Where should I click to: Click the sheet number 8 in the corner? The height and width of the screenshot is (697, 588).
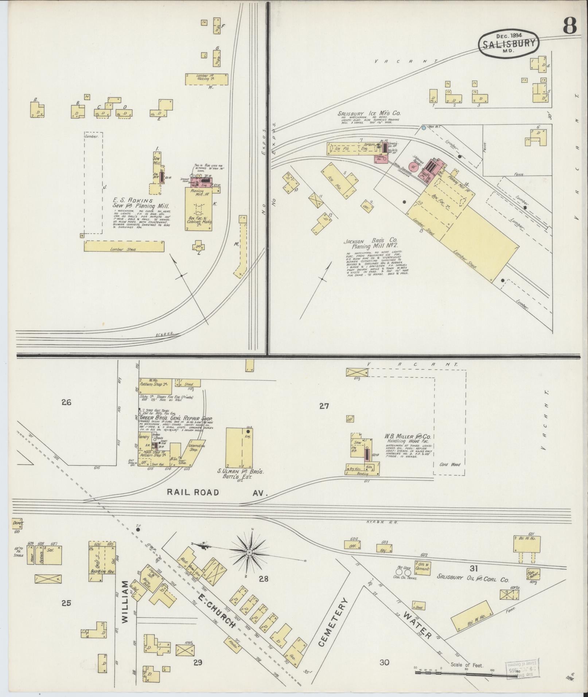tap(570, 26)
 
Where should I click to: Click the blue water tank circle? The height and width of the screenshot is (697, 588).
tap(423, 128)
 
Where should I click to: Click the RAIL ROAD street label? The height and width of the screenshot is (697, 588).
tap(193, 493)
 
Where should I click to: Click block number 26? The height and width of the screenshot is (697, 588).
tap(66, 403)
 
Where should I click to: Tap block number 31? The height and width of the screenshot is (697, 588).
tap(474, 568)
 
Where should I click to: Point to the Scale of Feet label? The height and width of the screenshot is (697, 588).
tap(467, 665)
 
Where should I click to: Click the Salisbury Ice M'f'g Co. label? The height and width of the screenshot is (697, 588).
tap(369, 114)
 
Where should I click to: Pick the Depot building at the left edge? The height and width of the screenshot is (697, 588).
tap(17, 523)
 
